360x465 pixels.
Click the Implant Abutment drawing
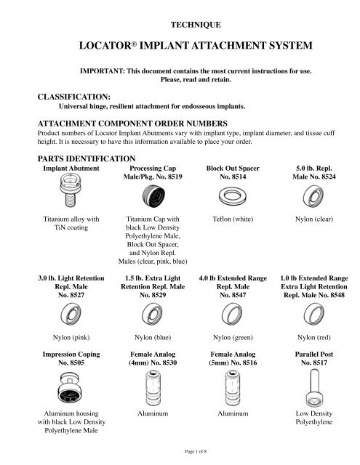coord(70,190)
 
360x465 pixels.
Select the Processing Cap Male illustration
coord(153,195)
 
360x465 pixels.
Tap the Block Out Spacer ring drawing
coord(233,196)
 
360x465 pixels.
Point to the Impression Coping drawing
coord(70,388)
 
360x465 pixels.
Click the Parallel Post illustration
coord(313,388)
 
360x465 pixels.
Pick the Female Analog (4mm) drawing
coord(153,387)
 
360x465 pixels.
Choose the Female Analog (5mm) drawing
coord(233,387)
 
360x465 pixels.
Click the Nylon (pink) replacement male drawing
coord(71,314)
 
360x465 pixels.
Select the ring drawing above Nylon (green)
coord(232,314)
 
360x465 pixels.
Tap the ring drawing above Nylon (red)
coord(314,314)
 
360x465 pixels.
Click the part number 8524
coord(328,177)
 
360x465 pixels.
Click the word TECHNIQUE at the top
coord(196,25)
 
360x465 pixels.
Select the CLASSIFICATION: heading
coord(74,97)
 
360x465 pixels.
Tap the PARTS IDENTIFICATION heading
coord(87,158)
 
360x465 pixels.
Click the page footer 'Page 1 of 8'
coord(196,452)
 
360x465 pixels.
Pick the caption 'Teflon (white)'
coord(233,219)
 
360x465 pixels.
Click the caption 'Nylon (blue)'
coord(153,337)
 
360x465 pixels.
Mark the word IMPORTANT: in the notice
coord(103,71)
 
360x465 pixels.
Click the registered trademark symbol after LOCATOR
coord(134,44)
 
